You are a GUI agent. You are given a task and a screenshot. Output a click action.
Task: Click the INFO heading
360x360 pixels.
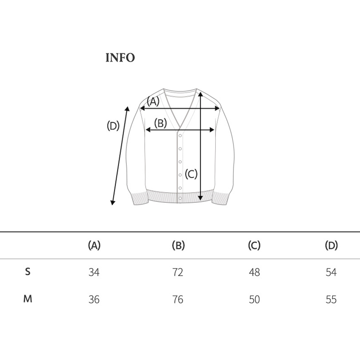pos(120,58)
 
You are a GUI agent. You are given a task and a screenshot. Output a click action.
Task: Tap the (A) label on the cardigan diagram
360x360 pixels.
pos(153,101)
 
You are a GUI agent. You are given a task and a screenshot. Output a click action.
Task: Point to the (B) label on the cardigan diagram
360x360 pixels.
pos(160,123)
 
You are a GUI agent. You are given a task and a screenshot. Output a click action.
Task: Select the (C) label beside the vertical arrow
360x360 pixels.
pos(191,174)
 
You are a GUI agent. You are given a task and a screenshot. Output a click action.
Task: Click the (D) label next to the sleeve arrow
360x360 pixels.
pos(113,126)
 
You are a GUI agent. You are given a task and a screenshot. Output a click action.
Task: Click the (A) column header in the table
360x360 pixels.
pos(94,246)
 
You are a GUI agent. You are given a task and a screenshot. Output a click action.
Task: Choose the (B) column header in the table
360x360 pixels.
pos(178,246)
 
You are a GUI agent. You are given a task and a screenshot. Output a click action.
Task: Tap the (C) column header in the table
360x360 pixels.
pos(254,246)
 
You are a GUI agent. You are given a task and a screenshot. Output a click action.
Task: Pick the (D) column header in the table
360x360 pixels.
pos(331,246)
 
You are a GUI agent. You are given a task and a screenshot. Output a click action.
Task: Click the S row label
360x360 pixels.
pos(28,272)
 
